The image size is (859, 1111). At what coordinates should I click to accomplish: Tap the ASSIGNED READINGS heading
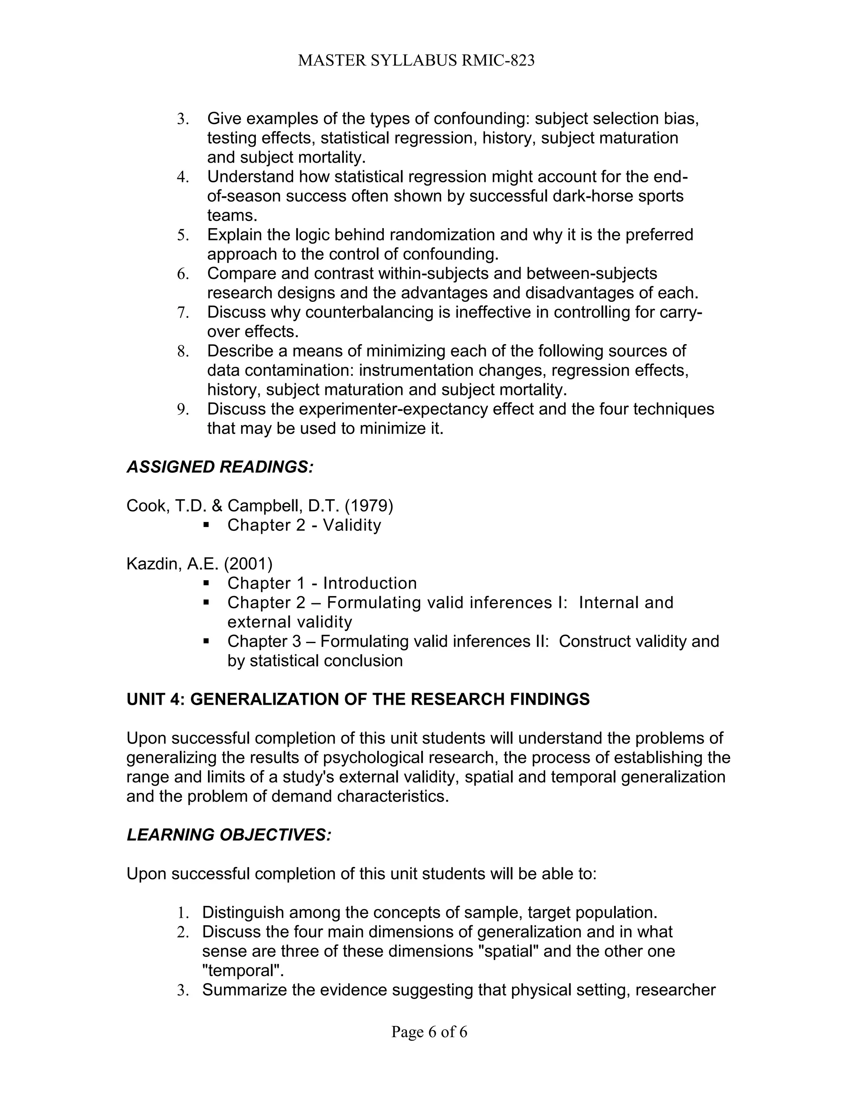pyautogui.click(x=220, y=467)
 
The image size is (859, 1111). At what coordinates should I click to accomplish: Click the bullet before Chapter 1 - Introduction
pyautogui.click(x=206, y=582)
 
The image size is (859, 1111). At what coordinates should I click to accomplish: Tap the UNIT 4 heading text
pyautogui.click(x=358, y=699)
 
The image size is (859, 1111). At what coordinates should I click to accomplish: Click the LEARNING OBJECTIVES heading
pyautogui.click(x=229, y=835)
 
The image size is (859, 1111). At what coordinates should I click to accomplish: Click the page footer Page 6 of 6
pyautogui.click(x=429, y=1032)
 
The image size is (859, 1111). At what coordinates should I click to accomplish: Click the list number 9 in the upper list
pyautogui.click(x=183, y=410)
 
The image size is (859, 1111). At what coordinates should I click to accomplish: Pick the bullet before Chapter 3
pyautogui.click(x=206, y=641)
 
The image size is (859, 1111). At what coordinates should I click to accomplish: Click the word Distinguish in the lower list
pyautogui.click(x=243, y=912)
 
